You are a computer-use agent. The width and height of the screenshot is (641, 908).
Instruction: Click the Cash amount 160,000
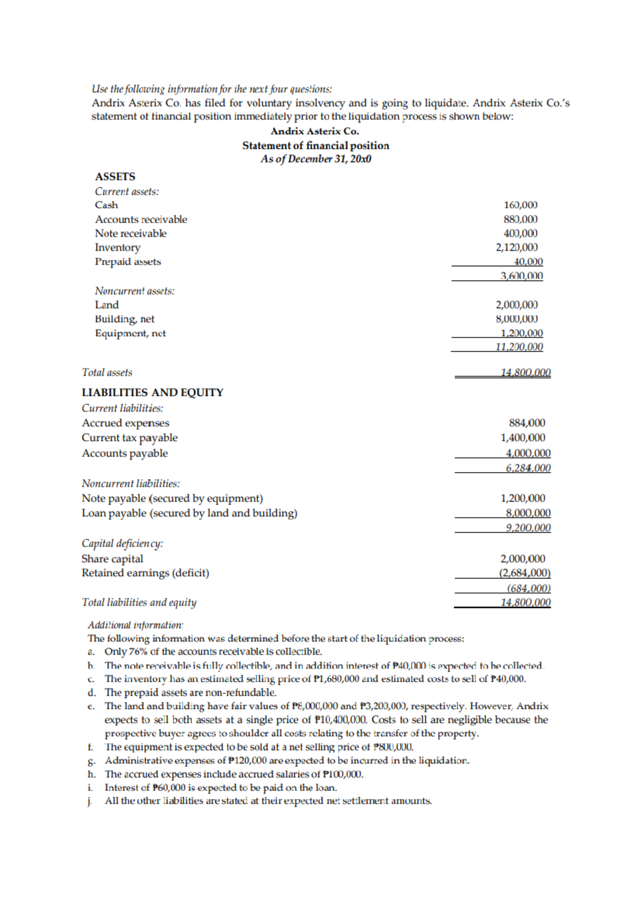tap(520, 205)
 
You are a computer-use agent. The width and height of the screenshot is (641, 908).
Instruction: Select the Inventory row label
tap(118, 248)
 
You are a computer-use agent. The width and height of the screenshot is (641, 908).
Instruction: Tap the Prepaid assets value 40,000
tap(528, 261)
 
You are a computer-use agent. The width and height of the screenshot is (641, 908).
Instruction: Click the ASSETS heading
tap(115, 176)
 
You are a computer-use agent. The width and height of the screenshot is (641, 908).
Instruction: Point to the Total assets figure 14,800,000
tap(525, 372)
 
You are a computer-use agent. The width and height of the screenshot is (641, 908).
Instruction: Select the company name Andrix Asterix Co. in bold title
tap(315, 131)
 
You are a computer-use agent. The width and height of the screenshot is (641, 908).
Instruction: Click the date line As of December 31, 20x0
tap(316, 159)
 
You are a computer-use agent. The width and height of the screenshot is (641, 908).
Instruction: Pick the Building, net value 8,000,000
tap(517, 319)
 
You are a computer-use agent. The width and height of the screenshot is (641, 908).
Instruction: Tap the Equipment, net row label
tap(130, 333)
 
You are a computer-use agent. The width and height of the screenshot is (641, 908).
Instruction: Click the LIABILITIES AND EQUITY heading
tap(152, 393)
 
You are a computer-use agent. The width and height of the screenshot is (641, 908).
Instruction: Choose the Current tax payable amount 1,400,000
tap(522, 437)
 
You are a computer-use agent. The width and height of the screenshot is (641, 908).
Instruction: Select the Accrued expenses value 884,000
tap(527, 422)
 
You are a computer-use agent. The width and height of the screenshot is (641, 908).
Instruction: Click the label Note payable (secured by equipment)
tap(172, 498)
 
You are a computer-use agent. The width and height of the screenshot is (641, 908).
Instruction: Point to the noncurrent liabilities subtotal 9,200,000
tap(528, 528)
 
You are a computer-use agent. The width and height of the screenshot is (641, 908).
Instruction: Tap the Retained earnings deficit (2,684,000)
tap(524, 573)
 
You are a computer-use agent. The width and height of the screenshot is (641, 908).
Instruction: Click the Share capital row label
tap(112, 559)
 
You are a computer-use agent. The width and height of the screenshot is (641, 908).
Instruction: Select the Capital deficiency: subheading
tap(122, 543)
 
